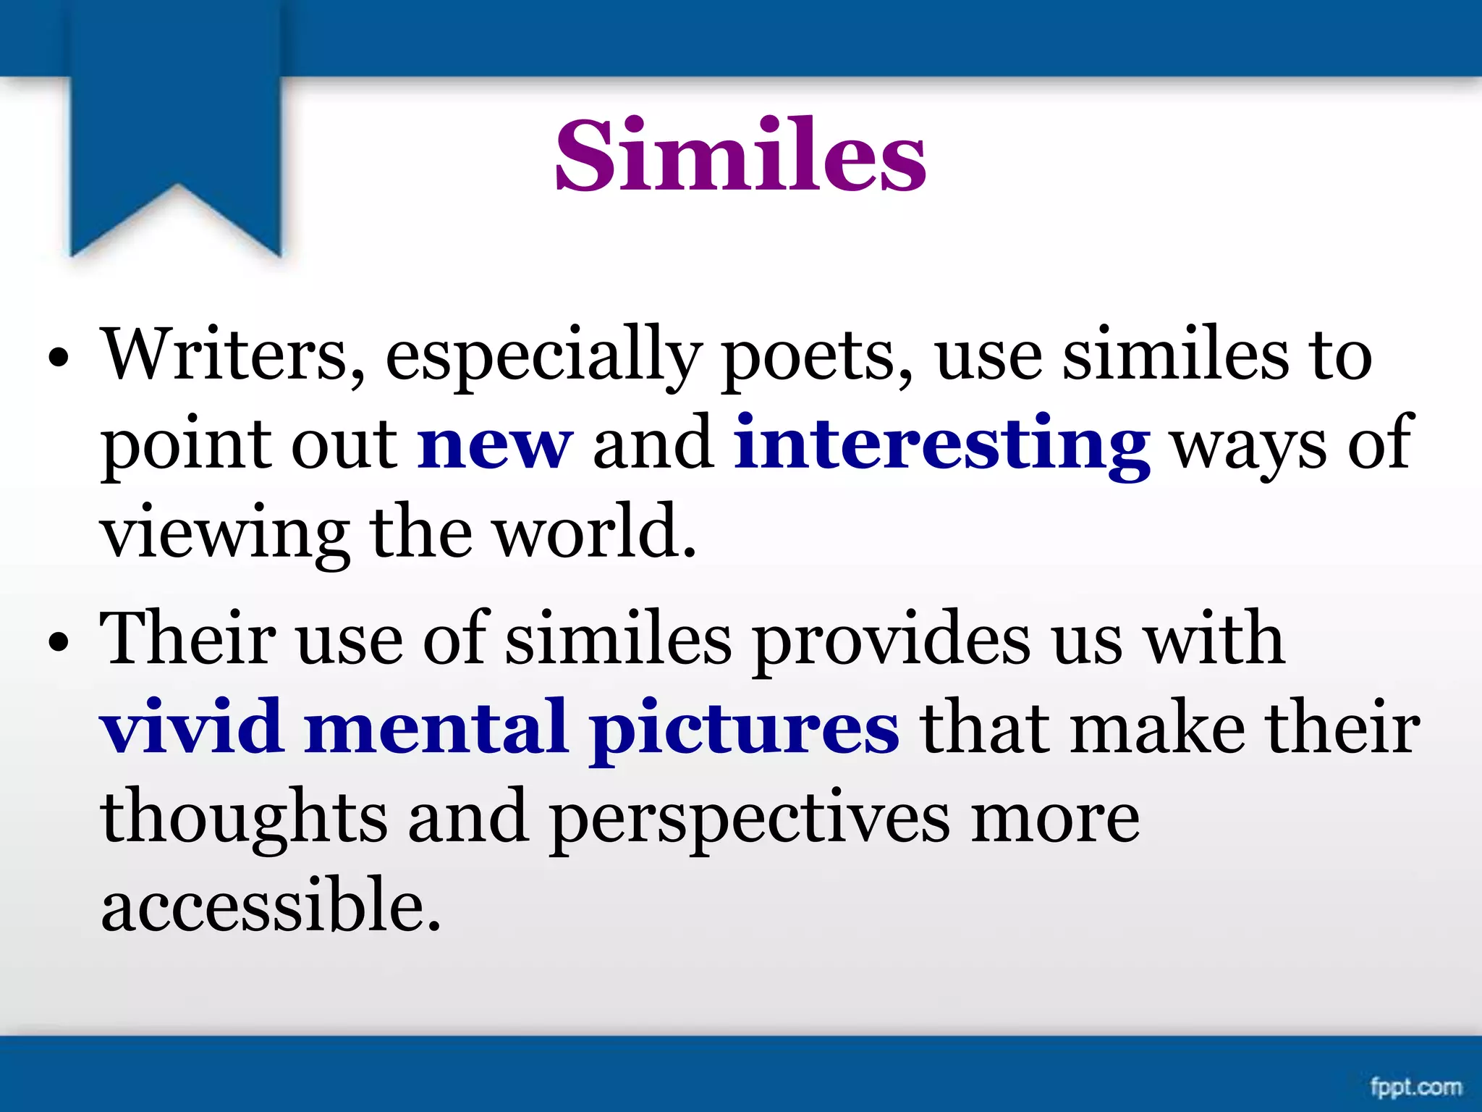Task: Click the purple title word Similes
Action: pos(740,156)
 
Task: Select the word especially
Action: pos(543,356)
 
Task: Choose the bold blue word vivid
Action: pos(192,727)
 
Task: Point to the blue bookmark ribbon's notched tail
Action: pos(176,217)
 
